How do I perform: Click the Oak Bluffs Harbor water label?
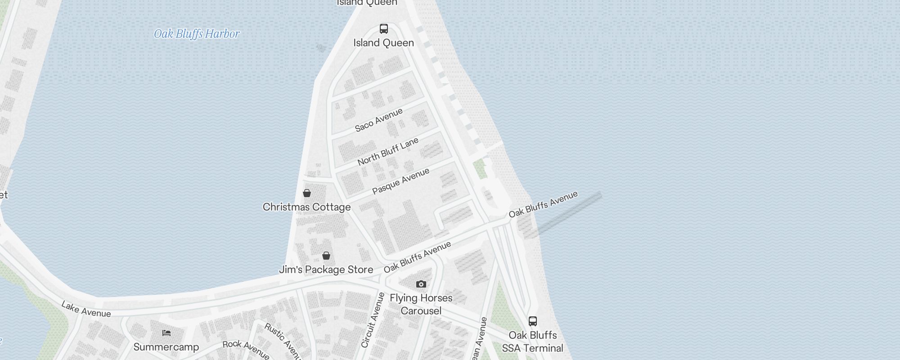(x=197, y=34)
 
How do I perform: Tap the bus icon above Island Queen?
(x=383, y=29)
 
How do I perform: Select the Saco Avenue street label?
(x=378, y=120)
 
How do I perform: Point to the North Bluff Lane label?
(x=388, y=152)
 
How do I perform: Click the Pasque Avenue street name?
(x=400, y=181)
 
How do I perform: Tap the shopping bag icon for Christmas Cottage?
(x=307, y=193)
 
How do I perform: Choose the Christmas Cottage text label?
(x=306, y=207)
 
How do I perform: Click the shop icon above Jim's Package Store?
(x=326, y=256)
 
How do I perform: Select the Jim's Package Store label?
(x=326, y=270)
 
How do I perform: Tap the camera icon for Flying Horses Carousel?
(x=421, y=284)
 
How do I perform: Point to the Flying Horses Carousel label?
(x=421, y=304)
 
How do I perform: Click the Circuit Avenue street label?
(x=373, y=320)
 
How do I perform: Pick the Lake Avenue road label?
(x=86, y=309)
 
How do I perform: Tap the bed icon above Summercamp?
(x=166, y=333)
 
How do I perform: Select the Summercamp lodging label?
(x=166, y=347)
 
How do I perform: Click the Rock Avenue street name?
(x=246, y=350)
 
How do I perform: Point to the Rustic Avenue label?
(x=283, y=341)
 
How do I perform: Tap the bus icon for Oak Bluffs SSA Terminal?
(x=533, y=321)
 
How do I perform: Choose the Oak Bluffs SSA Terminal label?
(x=533, y=342)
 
